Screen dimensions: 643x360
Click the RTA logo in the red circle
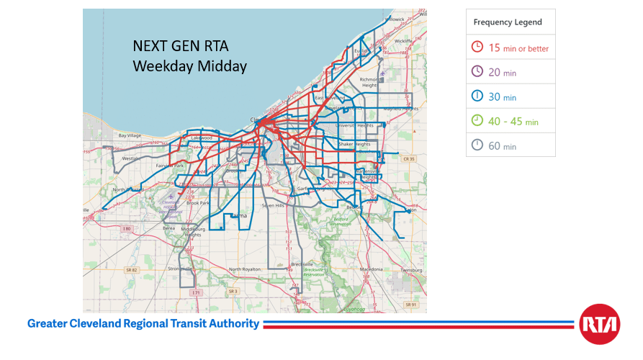pos(599,324)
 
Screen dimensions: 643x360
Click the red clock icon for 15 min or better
pos(477,48)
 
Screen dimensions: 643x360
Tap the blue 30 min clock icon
pos(477,96)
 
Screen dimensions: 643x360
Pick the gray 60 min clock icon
pos(477,145)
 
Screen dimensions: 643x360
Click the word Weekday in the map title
pos(158,66)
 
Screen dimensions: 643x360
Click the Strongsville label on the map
pos(179,269)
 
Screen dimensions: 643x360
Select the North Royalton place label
pos(246,269)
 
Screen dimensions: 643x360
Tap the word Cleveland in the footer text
pos(91,324)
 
